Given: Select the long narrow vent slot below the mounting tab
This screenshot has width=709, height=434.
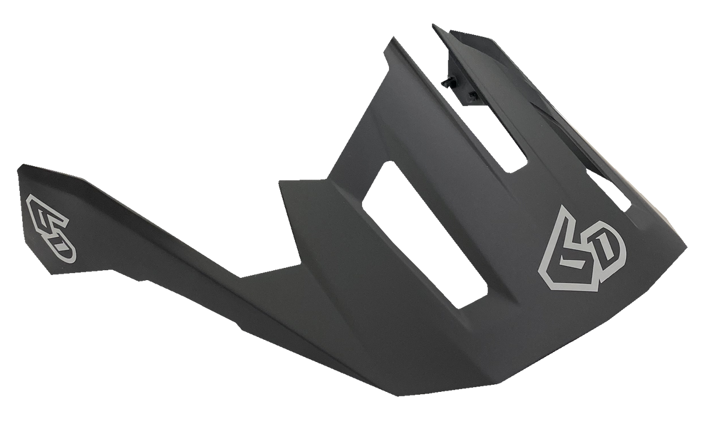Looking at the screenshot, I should pos(508,137).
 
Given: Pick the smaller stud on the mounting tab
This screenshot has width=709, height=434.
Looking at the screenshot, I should pos(471,93).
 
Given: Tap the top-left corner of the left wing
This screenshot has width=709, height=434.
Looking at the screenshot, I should pos(18,164).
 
